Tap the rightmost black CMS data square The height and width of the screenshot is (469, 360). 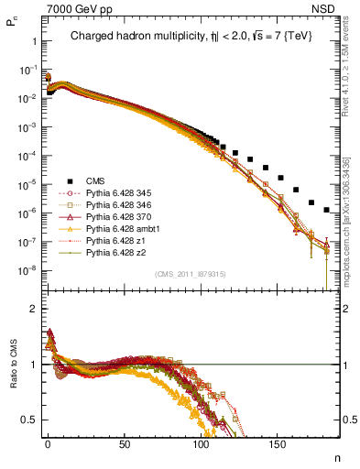click(327, 210)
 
